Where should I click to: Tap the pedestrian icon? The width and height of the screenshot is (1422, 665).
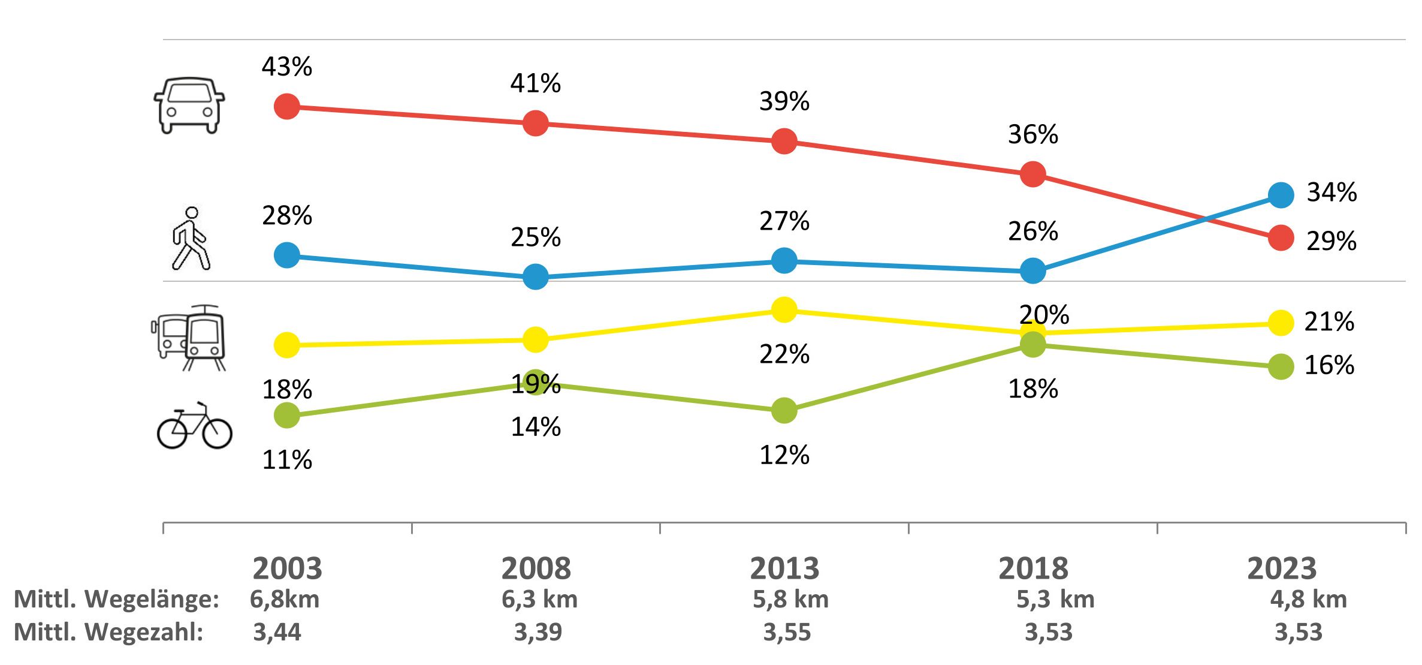click(191, 239)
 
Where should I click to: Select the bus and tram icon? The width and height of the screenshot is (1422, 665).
click(189, 338)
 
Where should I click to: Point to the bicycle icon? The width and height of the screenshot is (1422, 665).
click(194, 426)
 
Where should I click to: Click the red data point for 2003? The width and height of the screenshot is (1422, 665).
click(287, 107)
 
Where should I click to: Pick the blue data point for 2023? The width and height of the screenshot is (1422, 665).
click(1281, 195)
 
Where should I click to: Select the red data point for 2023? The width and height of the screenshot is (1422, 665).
click(1281, 238)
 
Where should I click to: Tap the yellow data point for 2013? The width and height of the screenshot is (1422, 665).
click(784, 309)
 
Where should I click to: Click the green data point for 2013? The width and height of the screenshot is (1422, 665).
click(784, 411)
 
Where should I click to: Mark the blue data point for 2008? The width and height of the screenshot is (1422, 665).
click(536, 276)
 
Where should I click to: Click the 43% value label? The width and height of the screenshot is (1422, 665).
click(287, 67)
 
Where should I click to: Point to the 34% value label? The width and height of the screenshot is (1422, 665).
click(1332, 192)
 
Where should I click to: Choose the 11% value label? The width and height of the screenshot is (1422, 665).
click(287, 460)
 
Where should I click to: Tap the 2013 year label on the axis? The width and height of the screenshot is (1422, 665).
click(784, 568)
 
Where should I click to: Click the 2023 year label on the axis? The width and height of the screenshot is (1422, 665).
click(1282, 568)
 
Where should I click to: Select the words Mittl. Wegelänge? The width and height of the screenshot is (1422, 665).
click(116, 599)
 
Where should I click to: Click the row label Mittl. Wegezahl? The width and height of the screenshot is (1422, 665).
click(108, 632)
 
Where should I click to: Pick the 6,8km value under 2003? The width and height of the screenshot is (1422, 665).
click(285, 599)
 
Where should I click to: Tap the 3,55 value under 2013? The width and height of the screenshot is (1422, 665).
click(787, 632)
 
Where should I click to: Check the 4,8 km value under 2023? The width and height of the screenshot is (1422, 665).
click(1309, 599)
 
